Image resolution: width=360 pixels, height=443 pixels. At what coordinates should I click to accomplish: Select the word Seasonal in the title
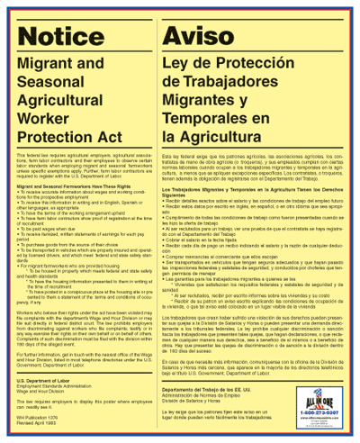[x=58, y=86]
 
